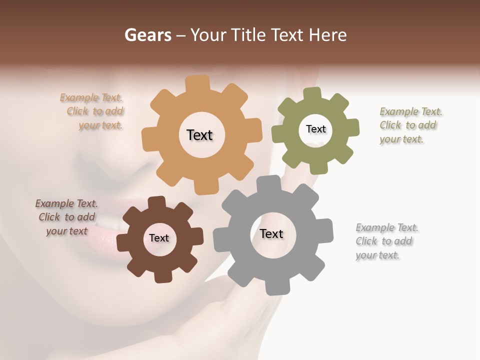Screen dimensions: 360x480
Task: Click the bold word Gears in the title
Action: [148, 35]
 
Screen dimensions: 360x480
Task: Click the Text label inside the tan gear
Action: [199, 135]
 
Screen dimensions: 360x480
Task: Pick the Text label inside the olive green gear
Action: [315, 129]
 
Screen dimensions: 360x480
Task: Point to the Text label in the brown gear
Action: [159, 238]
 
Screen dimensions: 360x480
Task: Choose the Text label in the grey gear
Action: [271, 233]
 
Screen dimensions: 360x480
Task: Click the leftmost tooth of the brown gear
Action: [123, 242]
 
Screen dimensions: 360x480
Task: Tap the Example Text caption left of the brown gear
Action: [66, 217]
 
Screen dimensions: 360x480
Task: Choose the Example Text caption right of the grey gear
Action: [386, 241]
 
